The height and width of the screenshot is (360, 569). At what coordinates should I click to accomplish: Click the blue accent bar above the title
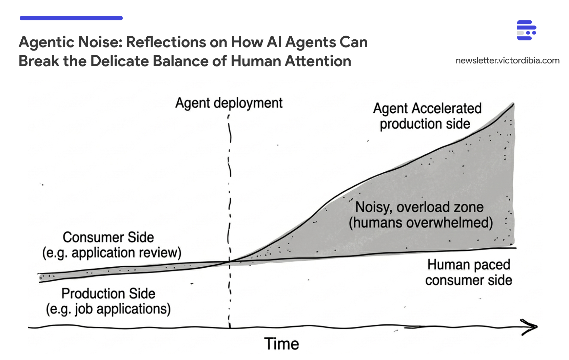(71, 18)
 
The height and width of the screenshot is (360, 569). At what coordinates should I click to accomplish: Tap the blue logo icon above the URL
(526, 30)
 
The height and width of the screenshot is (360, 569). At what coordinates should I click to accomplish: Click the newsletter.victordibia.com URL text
(507, 61)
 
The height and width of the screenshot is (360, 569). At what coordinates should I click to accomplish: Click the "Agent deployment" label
(229, 103)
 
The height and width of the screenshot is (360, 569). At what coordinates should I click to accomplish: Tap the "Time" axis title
(281, 344)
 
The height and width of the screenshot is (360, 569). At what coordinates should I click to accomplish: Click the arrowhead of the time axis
(531, 327)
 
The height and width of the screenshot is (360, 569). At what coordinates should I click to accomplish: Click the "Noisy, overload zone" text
(419, 207)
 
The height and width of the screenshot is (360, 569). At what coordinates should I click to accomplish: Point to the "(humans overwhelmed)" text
(421, 223)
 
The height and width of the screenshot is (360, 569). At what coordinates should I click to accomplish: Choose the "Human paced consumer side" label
(469, 272)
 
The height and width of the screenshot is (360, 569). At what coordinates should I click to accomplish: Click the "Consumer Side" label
(108, 238)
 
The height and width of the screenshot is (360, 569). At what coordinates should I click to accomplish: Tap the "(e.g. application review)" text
(112, 253)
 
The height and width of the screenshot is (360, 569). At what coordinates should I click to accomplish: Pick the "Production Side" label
(108, 293)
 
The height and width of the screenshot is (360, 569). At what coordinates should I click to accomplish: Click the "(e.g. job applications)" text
(108, 309)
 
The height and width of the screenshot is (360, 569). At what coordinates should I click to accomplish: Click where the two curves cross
(230, 262)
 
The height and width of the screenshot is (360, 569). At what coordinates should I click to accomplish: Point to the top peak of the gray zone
(513, 105)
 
